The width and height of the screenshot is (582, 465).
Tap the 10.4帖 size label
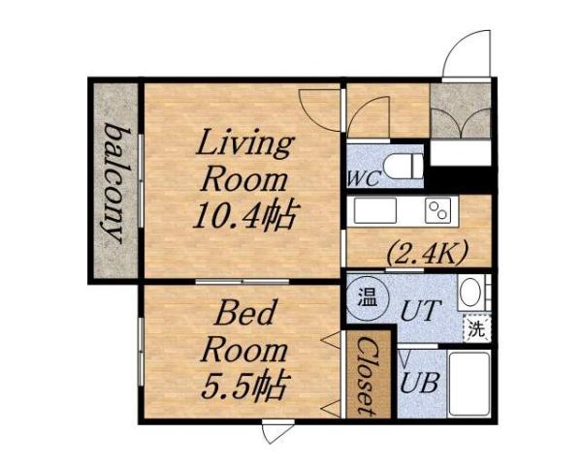tap(245, 213)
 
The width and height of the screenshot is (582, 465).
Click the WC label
tap(364, 179)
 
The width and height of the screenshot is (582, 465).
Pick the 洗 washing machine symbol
tap(476, 327)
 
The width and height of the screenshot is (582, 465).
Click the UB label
tap(421, 381)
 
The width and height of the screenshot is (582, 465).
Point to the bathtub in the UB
tap(469, 384)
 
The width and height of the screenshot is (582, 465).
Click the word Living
tap(244, 145)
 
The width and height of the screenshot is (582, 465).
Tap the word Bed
tap(246, 314)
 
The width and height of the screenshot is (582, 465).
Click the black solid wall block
tap(462, 179)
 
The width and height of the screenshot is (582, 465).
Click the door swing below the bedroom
tap(277, 432)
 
